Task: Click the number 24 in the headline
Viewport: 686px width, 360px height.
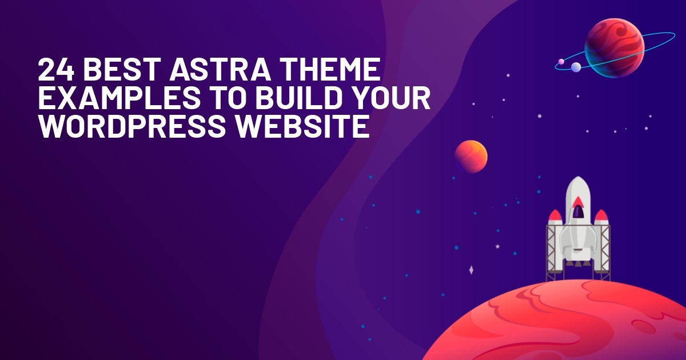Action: [x=56, y=69]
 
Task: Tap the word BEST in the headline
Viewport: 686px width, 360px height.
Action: [x=122, y=69]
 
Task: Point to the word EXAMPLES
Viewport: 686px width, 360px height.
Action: [x=119, y=98]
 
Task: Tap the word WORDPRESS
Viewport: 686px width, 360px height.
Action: [x=132, y=126]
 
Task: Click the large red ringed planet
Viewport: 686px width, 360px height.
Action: [x=615, y=48]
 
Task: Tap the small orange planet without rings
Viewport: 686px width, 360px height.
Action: [x=470, y=157]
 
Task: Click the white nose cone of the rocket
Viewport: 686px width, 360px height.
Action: [x=577, y=187]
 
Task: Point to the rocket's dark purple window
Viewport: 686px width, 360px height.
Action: [x=577, y=211]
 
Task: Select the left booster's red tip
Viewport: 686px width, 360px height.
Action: [x=555, y=215]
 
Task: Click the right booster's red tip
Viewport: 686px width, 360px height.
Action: [x=601, y=215]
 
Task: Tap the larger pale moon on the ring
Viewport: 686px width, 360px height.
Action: [x=576, y=67]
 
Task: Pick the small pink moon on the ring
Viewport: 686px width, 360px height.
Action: [x=561, y=62]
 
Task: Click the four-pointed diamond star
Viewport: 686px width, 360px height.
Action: [x=471, y=270]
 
